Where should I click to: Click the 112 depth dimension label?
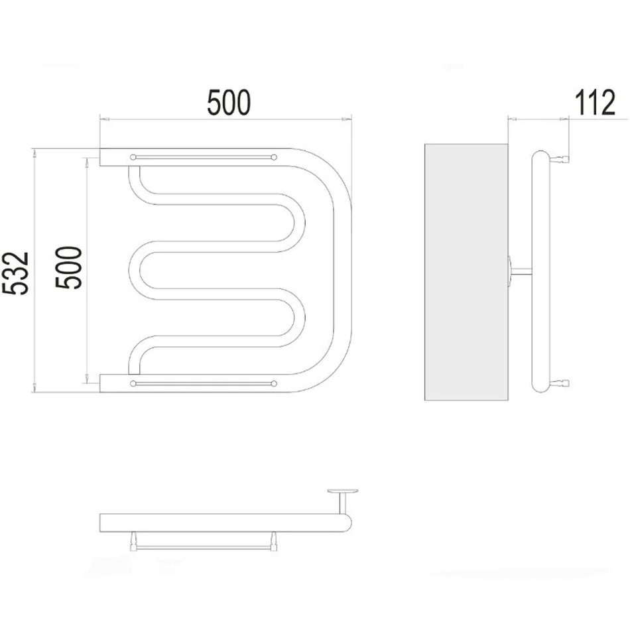click(595, 102)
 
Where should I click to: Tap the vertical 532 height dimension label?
click(15, 273)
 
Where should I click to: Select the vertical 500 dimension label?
click(68, 268)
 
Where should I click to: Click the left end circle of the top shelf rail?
click(133, 157)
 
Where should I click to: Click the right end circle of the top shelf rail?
click(274, 157)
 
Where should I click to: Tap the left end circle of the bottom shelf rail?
click(133, 383)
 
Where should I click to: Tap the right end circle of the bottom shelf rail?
click(274, 383)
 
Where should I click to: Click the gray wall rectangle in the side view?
click(466, 272)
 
